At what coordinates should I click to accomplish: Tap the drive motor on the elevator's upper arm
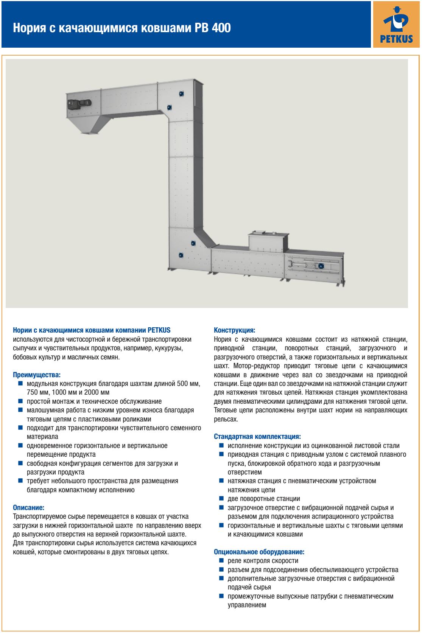tap(79, 103)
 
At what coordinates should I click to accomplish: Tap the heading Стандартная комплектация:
tap(257, 436)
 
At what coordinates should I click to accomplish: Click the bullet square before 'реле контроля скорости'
tap(221, 560)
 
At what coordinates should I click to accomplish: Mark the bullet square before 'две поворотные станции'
tap(221, 498)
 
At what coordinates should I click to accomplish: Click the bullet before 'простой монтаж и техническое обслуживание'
tap(20, 401)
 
